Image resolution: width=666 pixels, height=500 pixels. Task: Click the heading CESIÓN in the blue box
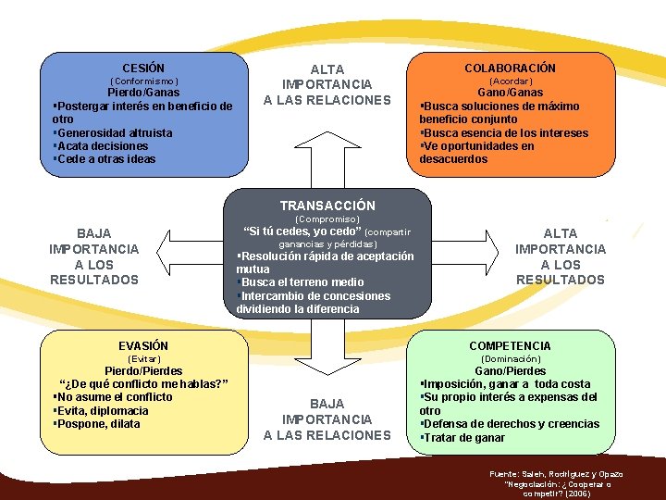pyautogui.click(x=143, y=68)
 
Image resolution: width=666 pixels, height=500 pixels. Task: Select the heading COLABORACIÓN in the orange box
pyautogui.click(x=510, y=68)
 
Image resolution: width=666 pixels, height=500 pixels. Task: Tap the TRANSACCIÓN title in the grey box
pyautogui.click(x=327, y=206)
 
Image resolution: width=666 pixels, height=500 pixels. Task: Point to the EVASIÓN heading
pyautogui.click(x=143, y=345)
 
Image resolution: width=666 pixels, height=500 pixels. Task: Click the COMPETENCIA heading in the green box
pyautogui.click(x=510, y=345)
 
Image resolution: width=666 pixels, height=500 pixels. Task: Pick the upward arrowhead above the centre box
pyautogui.click(x=327, y=130)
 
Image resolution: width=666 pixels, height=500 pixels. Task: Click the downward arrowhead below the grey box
pyautogui.click(x=327, y=371)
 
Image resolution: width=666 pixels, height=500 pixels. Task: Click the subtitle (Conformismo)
pyautogui.click(x=143, y=81)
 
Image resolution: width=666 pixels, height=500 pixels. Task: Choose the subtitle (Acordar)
pyautogui.click(x=510, y=81)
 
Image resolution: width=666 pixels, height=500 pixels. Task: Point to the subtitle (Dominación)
pyautogui.click(x=510, y=358)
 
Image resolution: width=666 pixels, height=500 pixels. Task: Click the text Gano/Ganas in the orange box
pyautogui.click(x=510, y=93)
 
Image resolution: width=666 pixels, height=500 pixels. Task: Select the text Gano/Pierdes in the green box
pyautogui.click(x=510, y=370)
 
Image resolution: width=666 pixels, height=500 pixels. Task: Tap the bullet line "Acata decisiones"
pyautogui.click(x=102, y=145)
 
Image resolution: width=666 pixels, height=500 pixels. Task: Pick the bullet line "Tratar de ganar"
pyautogui.click(x=463, y=438)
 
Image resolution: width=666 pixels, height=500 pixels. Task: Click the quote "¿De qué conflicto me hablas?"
pyautogui.click(x=143, y=384)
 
